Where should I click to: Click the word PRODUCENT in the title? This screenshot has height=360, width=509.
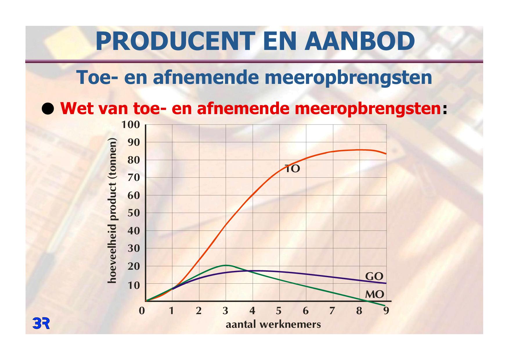173,42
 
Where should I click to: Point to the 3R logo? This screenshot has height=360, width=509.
41,323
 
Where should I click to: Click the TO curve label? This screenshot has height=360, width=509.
292,169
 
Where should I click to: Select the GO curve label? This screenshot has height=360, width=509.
374,276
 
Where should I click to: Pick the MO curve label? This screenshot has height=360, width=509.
374,295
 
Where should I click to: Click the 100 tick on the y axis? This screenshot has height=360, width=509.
131,125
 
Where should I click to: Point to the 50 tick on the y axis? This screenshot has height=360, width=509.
134,213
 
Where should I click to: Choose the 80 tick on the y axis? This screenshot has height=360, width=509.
134,160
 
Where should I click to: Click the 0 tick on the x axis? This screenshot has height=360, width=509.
142,311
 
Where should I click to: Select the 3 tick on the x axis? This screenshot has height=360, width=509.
225,311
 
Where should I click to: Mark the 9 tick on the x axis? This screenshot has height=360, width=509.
386,311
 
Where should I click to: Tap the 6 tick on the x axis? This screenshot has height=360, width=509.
306,311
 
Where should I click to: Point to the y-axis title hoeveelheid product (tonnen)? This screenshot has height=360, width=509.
112,210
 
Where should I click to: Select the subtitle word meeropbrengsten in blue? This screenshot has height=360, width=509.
349,78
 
